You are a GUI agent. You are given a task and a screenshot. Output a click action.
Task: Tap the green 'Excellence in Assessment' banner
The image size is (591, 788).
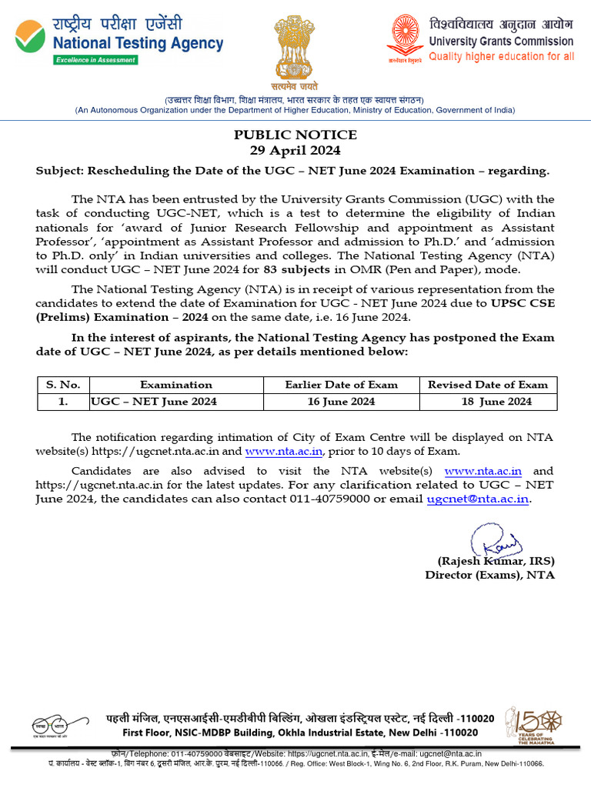(x=95, y=60)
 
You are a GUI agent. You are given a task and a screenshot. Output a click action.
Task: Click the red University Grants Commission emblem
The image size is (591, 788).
(x=406, y=35)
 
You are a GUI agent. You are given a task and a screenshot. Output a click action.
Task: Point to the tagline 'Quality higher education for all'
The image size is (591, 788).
(x=501, y=56)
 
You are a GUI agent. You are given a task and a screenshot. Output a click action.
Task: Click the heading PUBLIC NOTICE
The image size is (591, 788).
(x=295, y=135)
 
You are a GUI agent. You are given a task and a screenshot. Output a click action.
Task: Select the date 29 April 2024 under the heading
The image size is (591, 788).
(x=295, y=150)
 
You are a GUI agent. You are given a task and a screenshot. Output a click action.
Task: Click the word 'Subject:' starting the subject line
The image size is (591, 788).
(x=61, y=171)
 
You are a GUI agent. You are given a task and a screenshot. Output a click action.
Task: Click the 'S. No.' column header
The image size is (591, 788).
(x=64, y=385)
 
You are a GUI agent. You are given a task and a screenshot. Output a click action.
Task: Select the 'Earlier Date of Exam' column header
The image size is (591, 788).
(x=341, y=385)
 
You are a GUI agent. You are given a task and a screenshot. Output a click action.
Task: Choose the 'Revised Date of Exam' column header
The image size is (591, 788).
(x=488, y=385)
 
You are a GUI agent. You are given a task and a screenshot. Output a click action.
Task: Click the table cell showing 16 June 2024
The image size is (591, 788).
(x=341, y=402)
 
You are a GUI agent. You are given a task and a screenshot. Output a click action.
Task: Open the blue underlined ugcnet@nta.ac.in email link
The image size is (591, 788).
(x=478, y=499)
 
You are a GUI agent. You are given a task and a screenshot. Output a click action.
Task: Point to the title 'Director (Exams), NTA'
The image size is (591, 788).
(x=489, y=575)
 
